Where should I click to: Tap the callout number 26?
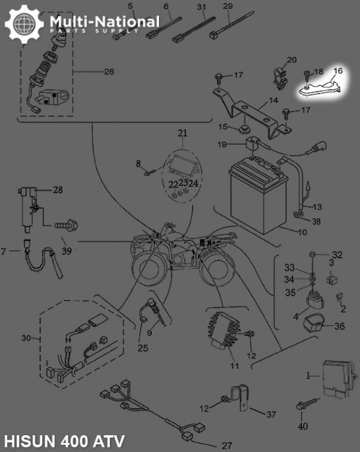[108, 71]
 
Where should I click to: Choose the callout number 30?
[26, 338]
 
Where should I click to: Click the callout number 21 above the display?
[182, 134]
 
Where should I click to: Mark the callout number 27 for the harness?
[226, 445]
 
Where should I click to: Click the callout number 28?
[58, 189]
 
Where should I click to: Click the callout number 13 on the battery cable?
[316, 207]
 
